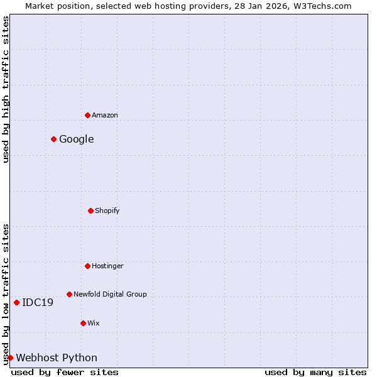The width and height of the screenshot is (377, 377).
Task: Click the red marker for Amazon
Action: pos(87,115)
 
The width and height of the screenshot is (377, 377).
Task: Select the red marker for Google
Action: pos(53,139)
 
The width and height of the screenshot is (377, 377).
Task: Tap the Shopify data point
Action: pos(90,210)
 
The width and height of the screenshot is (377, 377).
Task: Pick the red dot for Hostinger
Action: pos(87,266)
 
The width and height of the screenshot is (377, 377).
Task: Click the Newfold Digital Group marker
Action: pos(69,294)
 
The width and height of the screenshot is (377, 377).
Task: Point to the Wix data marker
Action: pos(83,323)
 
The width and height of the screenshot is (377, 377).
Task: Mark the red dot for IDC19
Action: pos(16,302)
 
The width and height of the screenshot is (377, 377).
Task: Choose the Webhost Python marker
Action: pos(10,358)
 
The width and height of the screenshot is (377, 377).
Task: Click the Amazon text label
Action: pos(105,115)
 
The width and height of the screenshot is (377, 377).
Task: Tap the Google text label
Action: pos(77,139)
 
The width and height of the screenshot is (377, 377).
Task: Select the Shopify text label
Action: pos(107,210)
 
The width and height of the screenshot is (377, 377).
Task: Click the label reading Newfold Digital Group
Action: pos(110,294)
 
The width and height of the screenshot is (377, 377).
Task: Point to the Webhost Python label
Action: pos(57,358)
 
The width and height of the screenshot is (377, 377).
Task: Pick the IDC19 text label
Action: pos(38,302)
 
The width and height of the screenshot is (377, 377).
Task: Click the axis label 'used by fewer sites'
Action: pos(65,372)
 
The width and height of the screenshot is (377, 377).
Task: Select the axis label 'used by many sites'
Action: pos(315,372)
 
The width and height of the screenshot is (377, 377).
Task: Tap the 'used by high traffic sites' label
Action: pos(6,89)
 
